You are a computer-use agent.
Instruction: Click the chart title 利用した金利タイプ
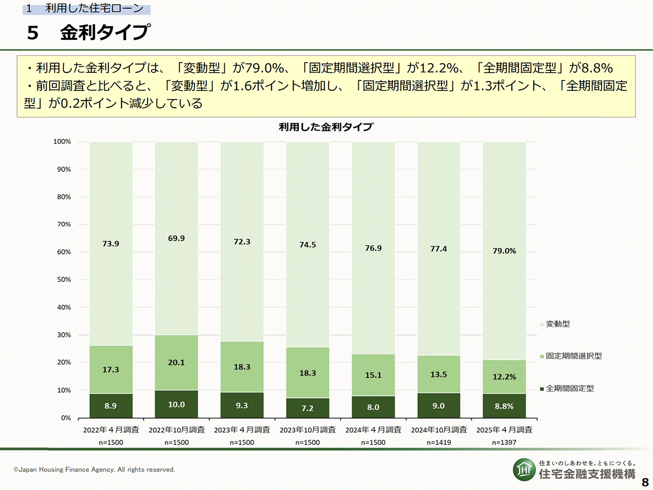point(325,127)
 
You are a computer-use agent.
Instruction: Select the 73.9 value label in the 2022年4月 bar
point(111,244)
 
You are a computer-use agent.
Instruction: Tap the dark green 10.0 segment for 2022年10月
point(176,404)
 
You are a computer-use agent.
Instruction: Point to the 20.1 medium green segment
point(176,362)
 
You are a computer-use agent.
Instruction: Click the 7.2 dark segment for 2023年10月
point(308,408)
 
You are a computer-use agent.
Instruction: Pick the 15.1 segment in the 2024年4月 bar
point(373,375)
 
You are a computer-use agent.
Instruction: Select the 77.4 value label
point(438,249)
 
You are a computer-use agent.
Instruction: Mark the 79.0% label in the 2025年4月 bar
point(504,251)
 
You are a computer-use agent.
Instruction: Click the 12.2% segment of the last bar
point(504,377)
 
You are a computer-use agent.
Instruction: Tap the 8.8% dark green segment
point(504,406)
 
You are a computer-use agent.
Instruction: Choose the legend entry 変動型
point(558,324)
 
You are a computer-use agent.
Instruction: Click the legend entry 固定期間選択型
point(573,356)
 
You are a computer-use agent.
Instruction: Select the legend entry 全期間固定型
point(569,388)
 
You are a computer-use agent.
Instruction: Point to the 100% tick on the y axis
point(62,142)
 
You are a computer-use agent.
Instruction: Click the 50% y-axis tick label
point(64,280)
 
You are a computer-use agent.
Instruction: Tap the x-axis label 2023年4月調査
point(242,429)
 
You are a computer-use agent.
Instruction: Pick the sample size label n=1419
point(438,442)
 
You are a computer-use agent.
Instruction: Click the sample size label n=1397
point(504,442)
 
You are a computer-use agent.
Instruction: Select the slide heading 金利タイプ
point(105,32)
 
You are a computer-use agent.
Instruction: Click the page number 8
point(645,482)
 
